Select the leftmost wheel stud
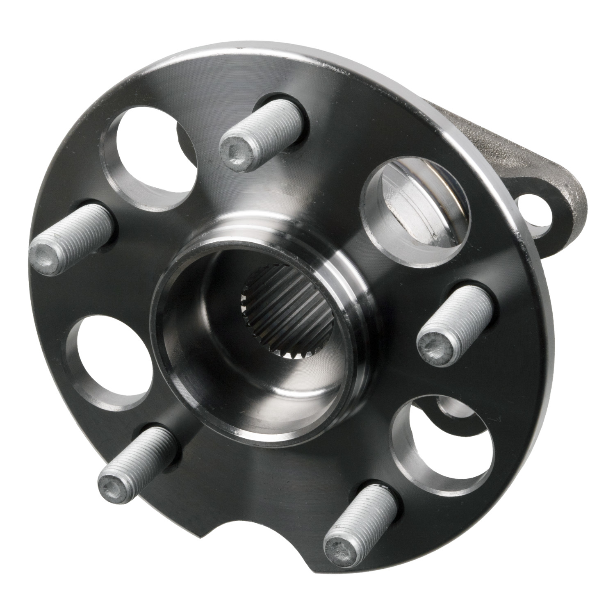tap(70, 240)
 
